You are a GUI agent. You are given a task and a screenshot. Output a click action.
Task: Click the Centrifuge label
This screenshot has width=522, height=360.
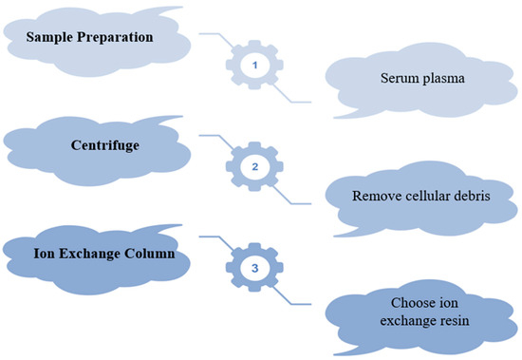100,147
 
